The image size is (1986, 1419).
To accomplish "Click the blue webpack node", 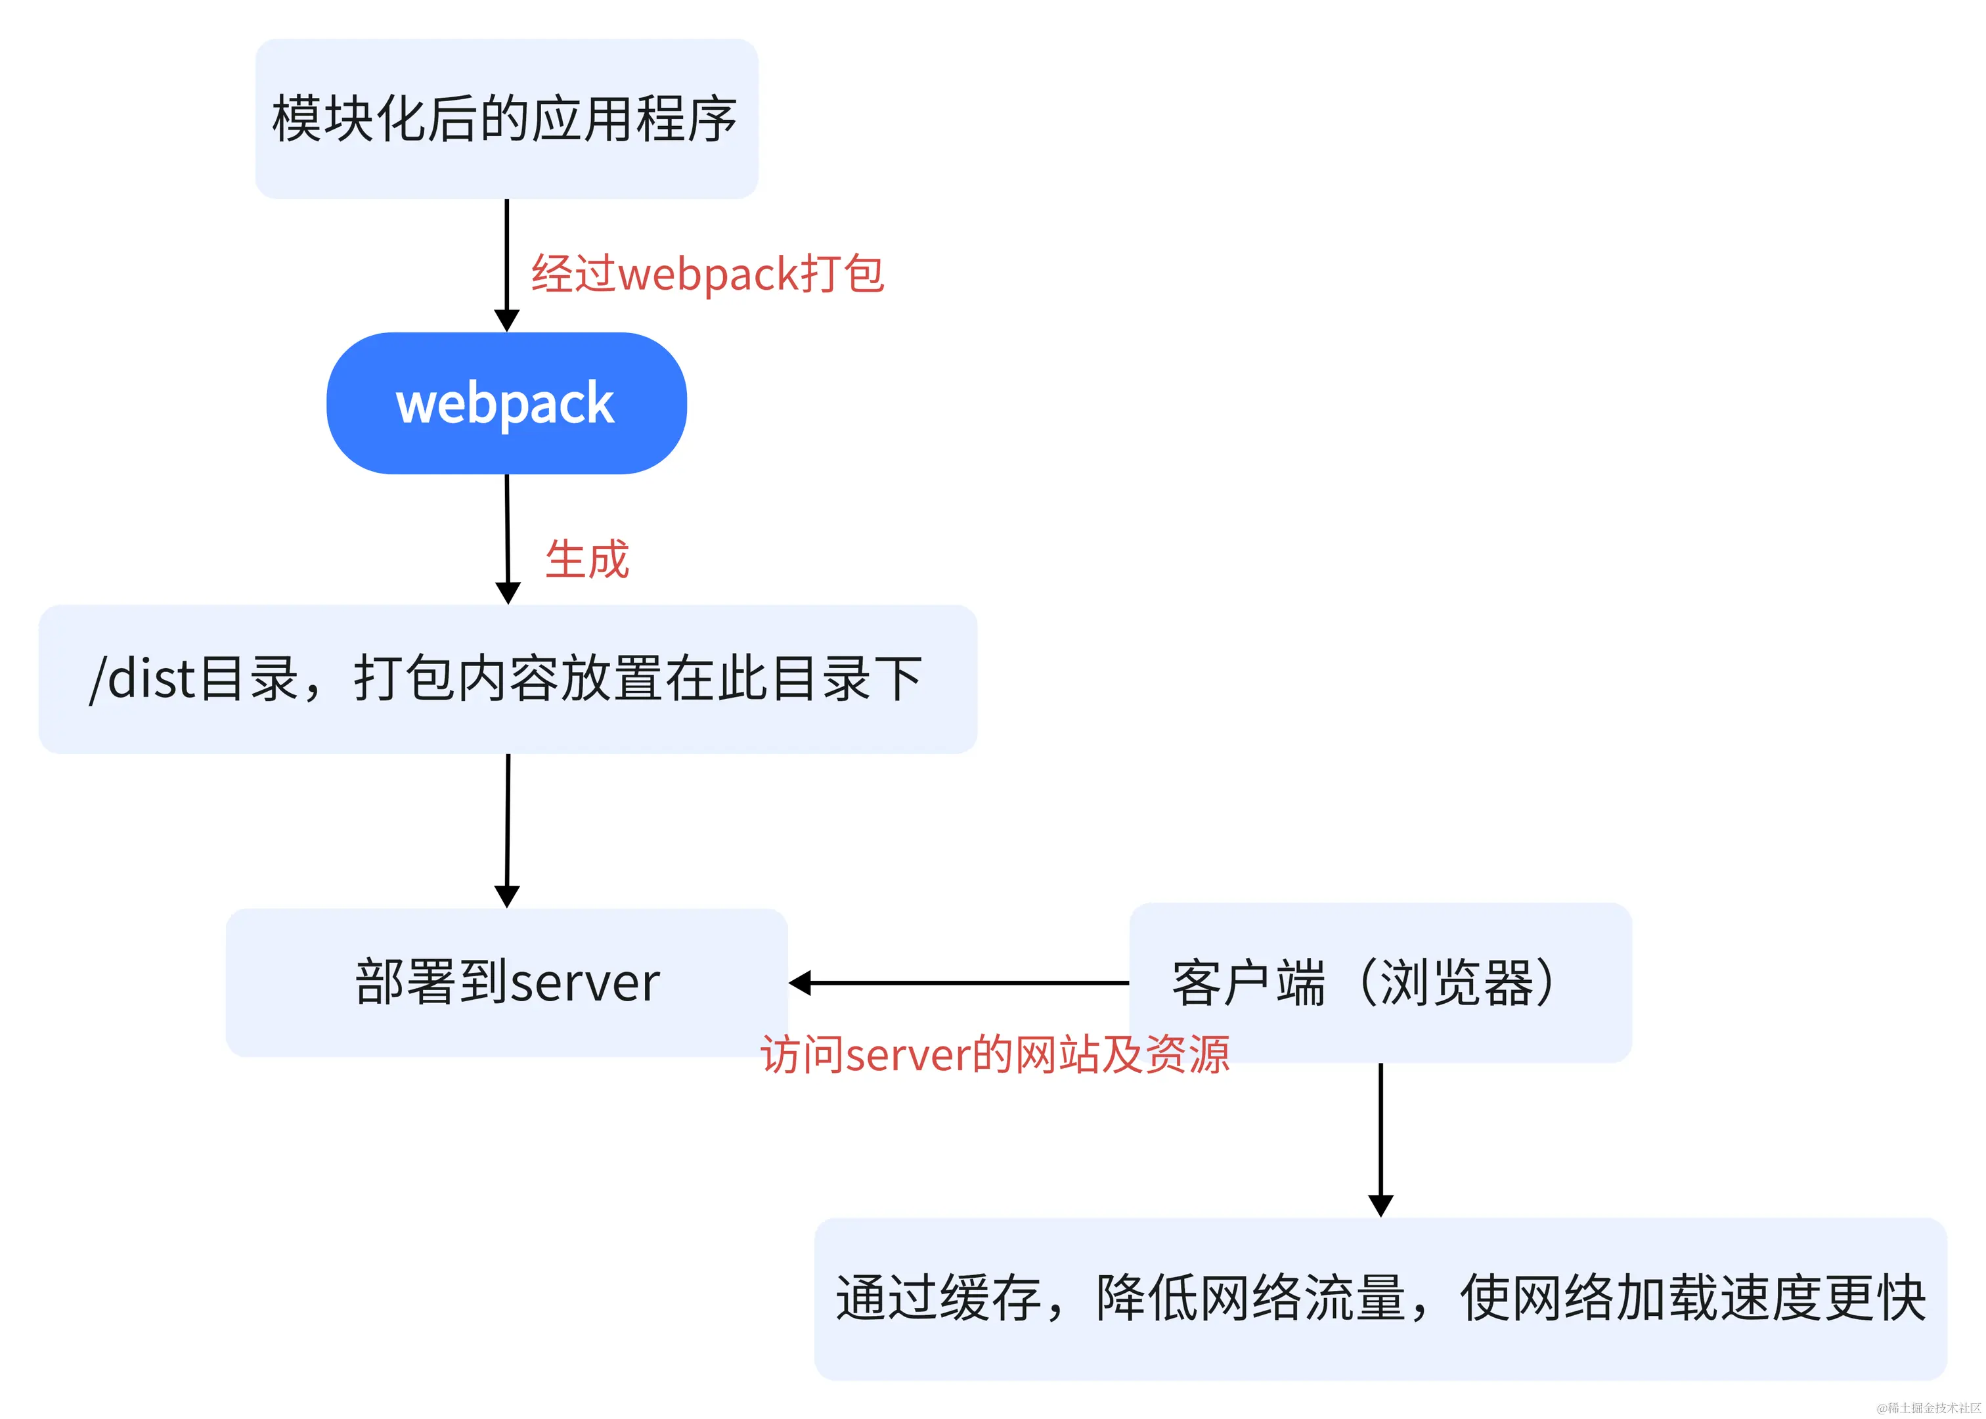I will coord(506,403).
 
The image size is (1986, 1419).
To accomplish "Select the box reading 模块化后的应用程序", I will coord(506,119).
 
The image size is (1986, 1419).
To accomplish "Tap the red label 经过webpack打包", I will coord(707,275).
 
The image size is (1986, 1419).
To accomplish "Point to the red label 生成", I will coord(587,559).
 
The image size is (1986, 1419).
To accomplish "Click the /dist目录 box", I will coord(506,679).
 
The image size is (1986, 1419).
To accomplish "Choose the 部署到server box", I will coord(506,982).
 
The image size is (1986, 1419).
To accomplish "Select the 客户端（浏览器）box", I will coord(1380,982).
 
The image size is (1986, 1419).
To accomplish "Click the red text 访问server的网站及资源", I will coord(994,1054).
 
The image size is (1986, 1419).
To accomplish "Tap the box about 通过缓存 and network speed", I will coord(1380,1298).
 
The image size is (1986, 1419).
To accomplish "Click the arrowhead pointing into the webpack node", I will coord(506,320).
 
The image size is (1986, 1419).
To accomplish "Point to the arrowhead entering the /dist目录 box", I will coord(508,593).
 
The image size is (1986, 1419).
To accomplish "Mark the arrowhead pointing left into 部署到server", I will coord(800,982).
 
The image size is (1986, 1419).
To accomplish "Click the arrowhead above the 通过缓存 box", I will coord(1380,1205).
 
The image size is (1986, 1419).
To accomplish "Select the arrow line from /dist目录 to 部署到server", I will coord(508,821).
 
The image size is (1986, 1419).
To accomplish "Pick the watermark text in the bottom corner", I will coord(1928,1408).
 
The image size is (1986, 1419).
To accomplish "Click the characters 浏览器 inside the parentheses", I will coord(1457,982).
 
